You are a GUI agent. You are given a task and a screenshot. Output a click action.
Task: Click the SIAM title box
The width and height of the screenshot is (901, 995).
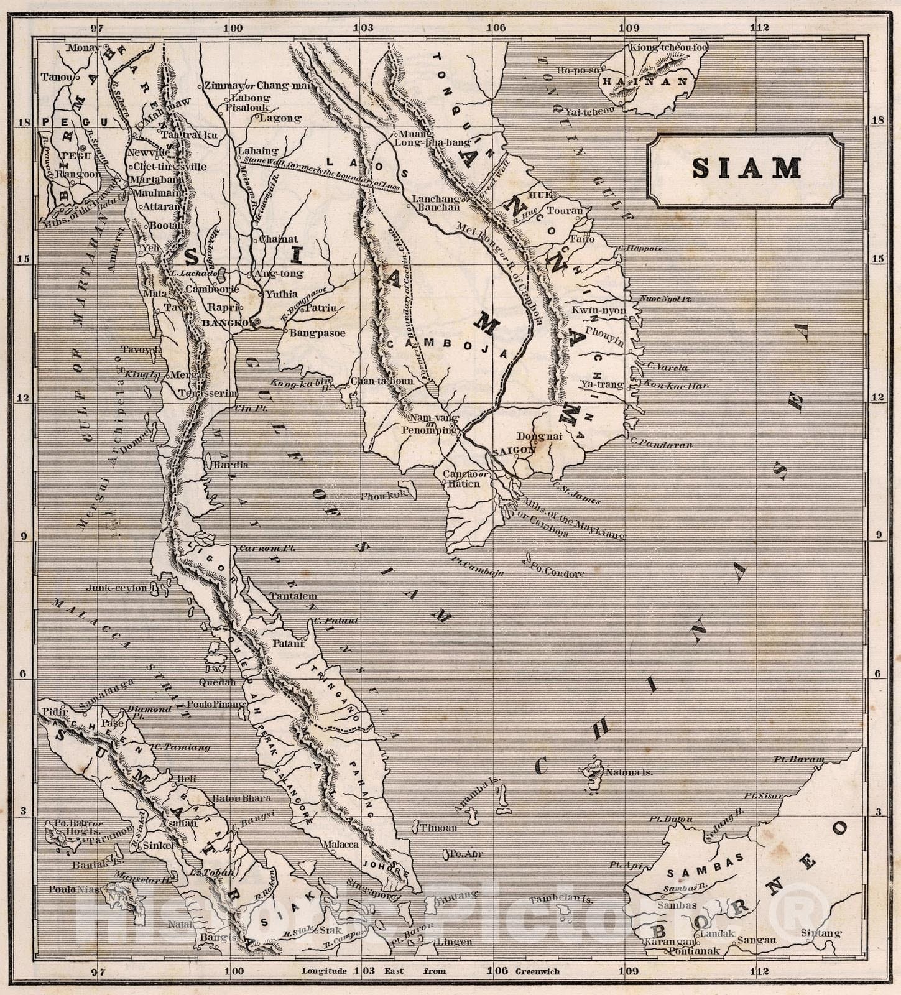pyautogui.click(x=746, y=169)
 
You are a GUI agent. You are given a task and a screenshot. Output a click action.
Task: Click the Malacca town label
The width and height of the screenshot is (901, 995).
pyautogui.click(x=340, y=845)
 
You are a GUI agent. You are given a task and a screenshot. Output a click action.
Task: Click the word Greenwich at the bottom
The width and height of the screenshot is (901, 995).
pyautogui.click(x=537, y=971)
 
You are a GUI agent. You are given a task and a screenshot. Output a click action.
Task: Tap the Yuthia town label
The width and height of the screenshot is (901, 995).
pyautogui.click(x=282, y=294)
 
